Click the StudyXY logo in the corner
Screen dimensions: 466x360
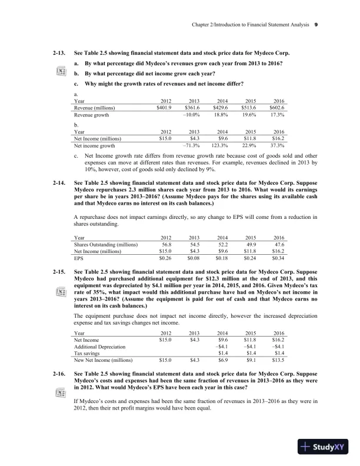(x=324, y=447)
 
